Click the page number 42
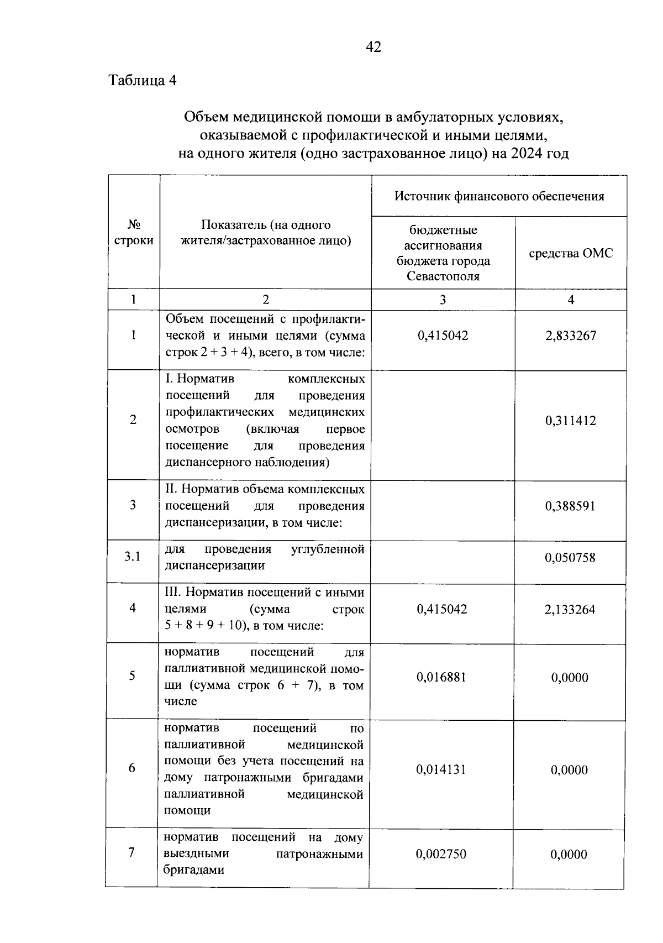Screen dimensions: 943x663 tap(373, 48)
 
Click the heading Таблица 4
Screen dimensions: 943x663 tap(143, 81)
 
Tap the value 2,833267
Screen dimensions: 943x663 tap(571, 336)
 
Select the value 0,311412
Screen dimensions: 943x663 tap(571, 421)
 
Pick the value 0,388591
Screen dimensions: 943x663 tap(571, 506)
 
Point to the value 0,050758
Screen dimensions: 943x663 tap(570, 558)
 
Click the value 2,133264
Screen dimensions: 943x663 tap(570, 610)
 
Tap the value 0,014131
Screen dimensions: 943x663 tap(441, 769)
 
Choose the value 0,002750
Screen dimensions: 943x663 tap(441, 854)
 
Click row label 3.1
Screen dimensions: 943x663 tap(133, 557)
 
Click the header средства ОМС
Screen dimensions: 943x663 tap(571, 253)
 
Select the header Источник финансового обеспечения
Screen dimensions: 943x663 tap(499, 196)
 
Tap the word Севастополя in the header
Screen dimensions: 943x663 tap(443, 276)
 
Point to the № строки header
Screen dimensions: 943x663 tap(134, 233)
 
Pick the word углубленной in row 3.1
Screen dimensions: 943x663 tap(328, 549)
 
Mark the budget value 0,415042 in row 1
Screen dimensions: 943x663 tap(443, 336)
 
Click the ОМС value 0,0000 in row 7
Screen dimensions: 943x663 tap(569, 855)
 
